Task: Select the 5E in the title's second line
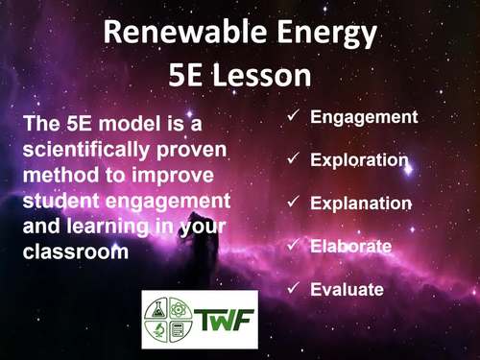[187, 75]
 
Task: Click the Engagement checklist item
[364, 117]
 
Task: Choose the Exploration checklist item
[359, 160]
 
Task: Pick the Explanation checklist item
[361, 204]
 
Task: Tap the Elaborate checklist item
[350, 246]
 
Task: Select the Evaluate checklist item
[347, 289]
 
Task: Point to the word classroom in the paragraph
[65, 252]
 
